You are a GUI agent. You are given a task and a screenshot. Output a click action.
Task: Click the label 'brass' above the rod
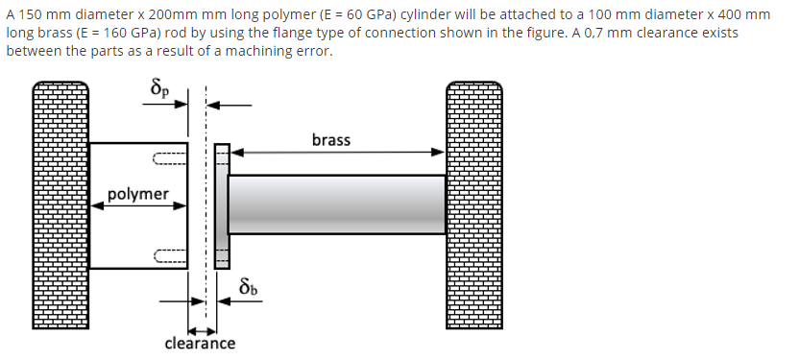click(331, 140)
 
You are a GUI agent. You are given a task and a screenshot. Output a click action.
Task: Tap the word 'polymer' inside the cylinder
click(137, 194)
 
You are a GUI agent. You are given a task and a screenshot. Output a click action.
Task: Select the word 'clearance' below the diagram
click(200, 343)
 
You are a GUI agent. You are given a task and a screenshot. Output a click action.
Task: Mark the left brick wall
click(61, 206)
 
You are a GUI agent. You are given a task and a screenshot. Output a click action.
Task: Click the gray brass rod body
click(336, 204)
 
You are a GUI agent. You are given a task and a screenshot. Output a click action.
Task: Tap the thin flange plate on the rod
click(222, 204)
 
